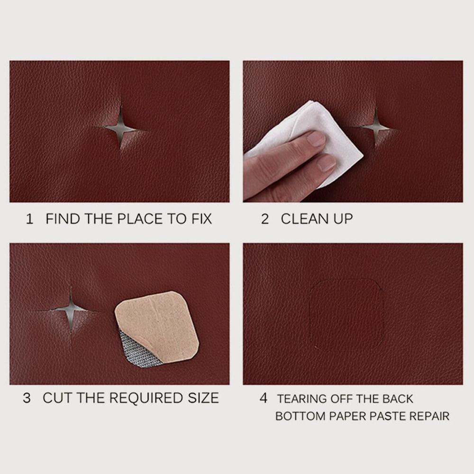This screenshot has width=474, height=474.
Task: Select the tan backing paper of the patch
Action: [x=161, y=322]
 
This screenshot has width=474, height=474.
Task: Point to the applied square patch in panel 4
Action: [x=346, y=315]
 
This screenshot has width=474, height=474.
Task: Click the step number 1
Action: [x=30, y=219]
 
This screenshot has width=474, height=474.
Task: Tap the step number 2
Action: [x=265, y=219]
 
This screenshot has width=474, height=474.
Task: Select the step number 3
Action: [x=27, y=398]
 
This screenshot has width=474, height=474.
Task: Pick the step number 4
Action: [x=264, y=398]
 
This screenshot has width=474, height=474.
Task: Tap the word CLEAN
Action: [x=301, y=219]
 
